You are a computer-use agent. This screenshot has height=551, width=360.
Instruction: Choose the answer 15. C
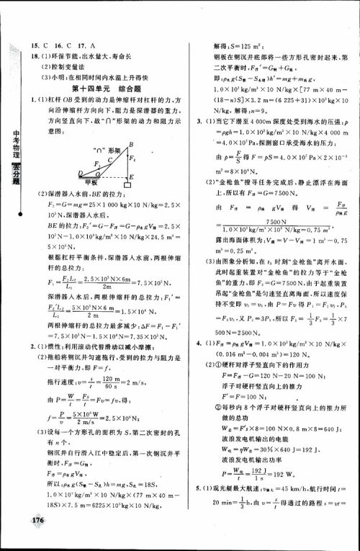[37, 25]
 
